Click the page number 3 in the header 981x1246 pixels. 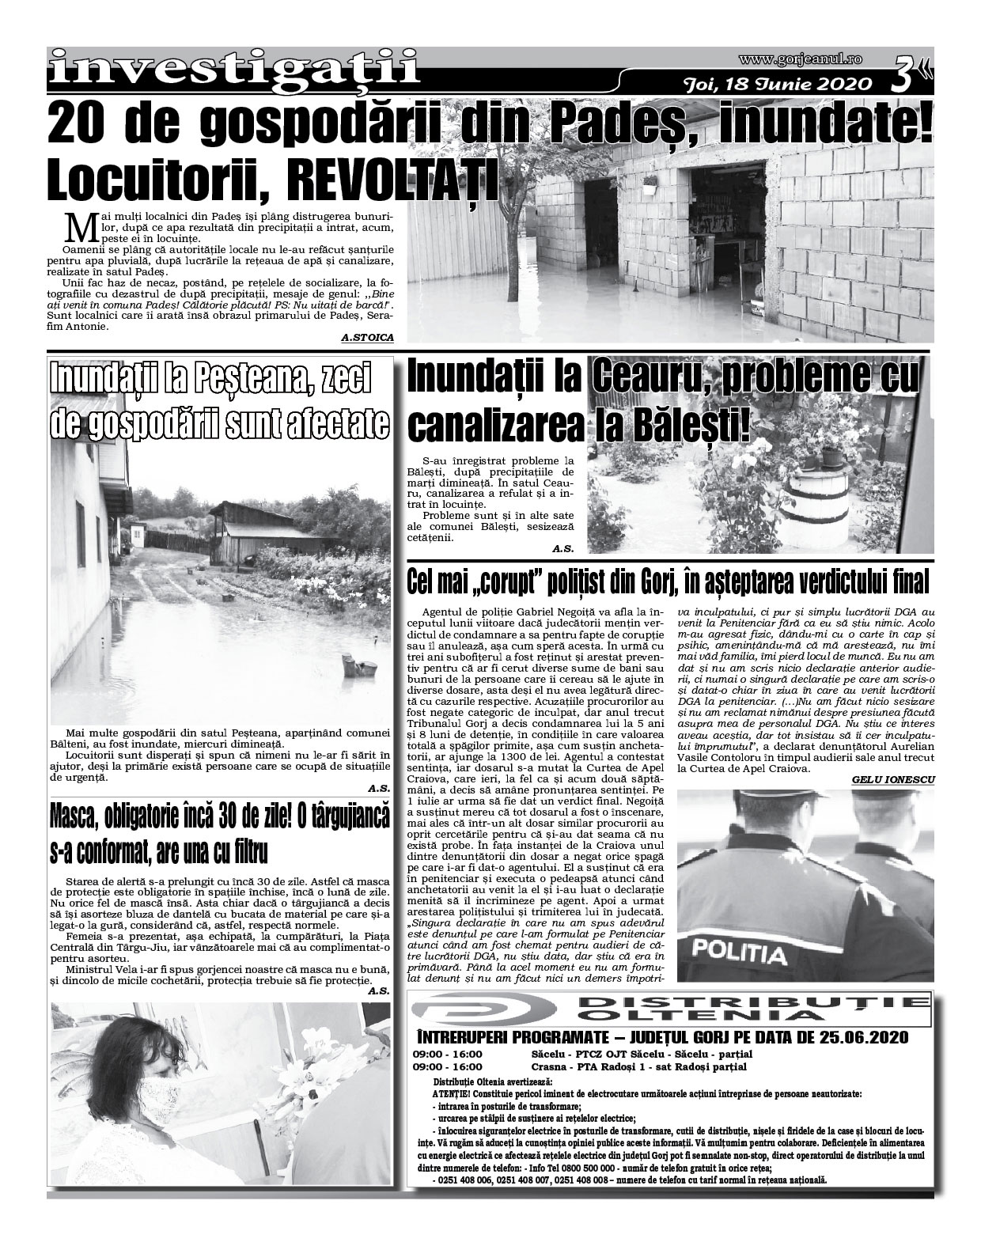(907, 76)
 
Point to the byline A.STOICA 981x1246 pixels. (367, 338)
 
